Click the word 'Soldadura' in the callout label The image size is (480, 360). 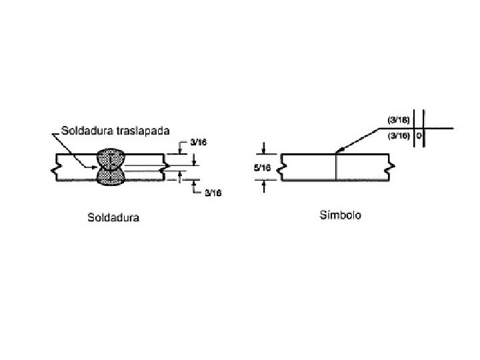point(85,129)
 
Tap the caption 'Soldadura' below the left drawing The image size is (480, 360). point(113,217)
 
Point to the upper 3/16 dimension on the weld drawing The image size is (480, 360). point(198,142)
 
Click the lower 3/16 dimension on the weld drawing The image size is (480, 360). point(213,193)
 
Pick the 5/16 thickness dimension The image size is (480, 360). point(263,168)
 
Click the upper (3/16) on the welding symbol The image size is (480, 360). point(399,120)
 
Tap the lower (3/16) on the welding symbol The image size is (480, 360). point(399,135)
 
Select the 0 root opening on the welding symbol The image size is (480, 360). point(419,135)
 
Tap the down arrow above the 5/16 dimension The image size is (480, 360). point(264,149)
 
